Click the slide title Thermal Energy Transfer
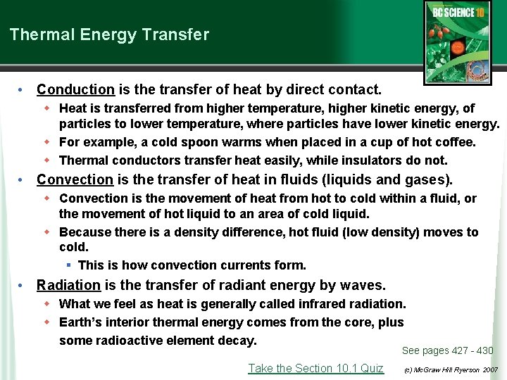(109, 34)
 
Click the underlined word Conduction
(75, 89)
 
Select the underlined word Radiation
(69, 285)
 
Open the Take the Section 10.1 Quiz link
(315, 368)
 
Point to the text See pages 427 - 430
(447, 350)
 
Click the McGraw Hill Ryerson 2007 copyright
(451, 369)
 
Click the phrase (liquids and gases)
(391, 179)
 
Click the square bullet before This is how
(69, 265)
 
